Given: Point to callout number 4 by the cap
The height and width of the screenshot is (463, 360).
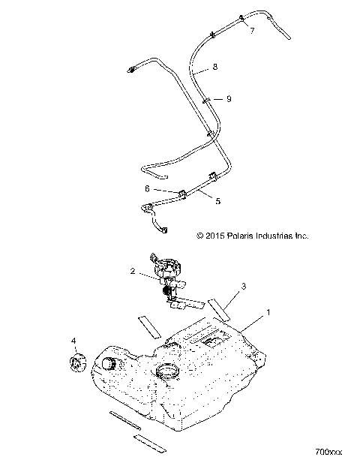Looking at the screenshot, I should (73, 341).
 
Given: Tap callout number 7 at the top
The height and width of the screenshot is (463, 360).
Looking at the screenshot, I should (251, 31).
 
